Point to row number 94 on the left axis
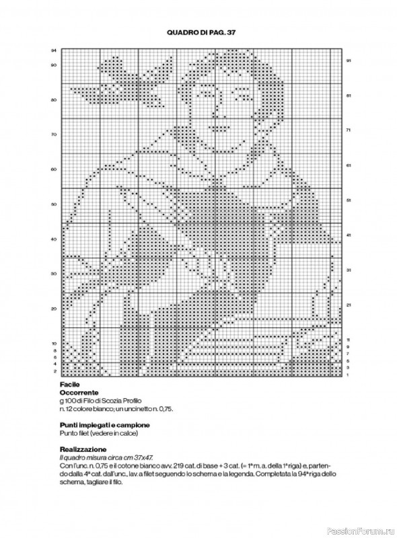[x=53, y=51]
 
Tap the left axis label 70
[x=53, y=134]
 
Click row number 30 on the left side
[x=53, y=274]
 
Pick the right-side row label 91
[x=349, y=61]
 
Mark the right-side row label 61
[x=349, y=165]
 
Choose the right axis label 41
[x=349, y=235]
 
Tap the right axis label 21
[x=349, y=305]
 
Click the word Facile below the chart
[x=68, y=384]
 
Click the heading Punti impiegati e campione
[x=104, y=425]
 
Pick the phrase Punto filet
[x=73, y=433]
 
